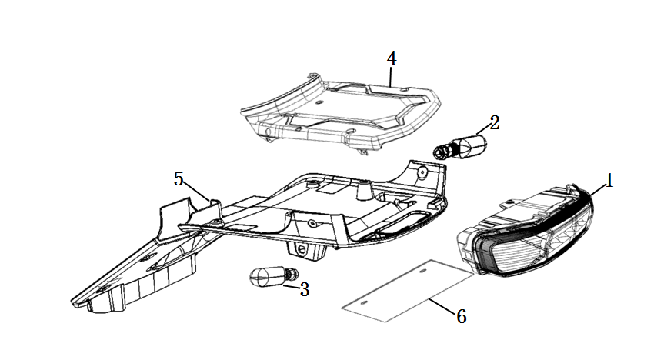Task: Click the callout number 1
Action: (609, 181)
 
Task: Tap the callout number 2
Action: (494, 122)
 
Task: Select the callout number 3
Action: (305, 290)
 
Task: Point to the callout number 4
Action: (391, 58)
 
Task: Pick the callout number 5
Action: (179, 179)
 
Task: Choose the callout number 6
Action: (461, 315)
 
